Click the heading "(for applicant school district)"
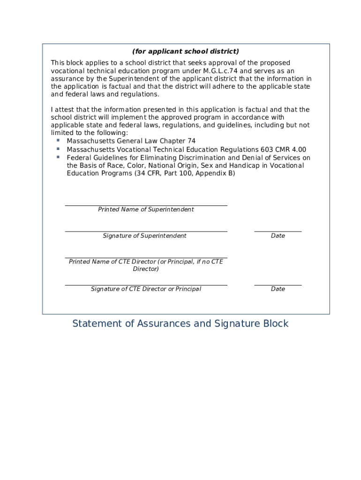pyautogui.click(x=185, y=52)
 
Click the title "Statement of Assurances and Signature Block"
pyautogui.click(x=180, y=323)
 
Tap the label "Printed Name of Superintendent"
pyautogui.click(x=146, y=210)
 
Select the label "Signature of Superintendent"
pyautogui.click(x=144, y=236)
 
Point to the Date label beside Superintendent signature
pyautogui.click(x=278, y=236)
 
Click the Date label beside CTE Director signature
pyautogui.click(x=278, y=289)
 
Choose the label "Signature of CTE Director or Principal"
pyautogui.click(x=146, y=289)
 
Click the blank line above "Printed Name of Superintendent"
pyautogui.click(x=146, y=205)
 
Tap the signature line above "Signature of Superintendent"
pyautogui.click(x=146, y=231)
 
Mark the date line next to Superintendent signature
pyautogui.click(x=278, y=231)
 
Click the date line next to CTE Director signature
pyautogui.click(x=278, y=285)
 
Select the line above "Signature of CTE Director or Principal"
pyautogui.click(x=146, y=285)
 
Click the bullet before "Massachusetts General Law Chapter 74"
pyautogui.click(x=58, y=140)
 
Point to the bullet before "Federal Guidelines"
pyautogui.click(x=58, y=157)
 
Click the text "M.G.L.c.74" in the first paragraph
pyautogui.click(x=220, y=71)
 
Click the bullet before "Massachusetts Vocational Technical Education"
pyautogui.click(x=58, y=149)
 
